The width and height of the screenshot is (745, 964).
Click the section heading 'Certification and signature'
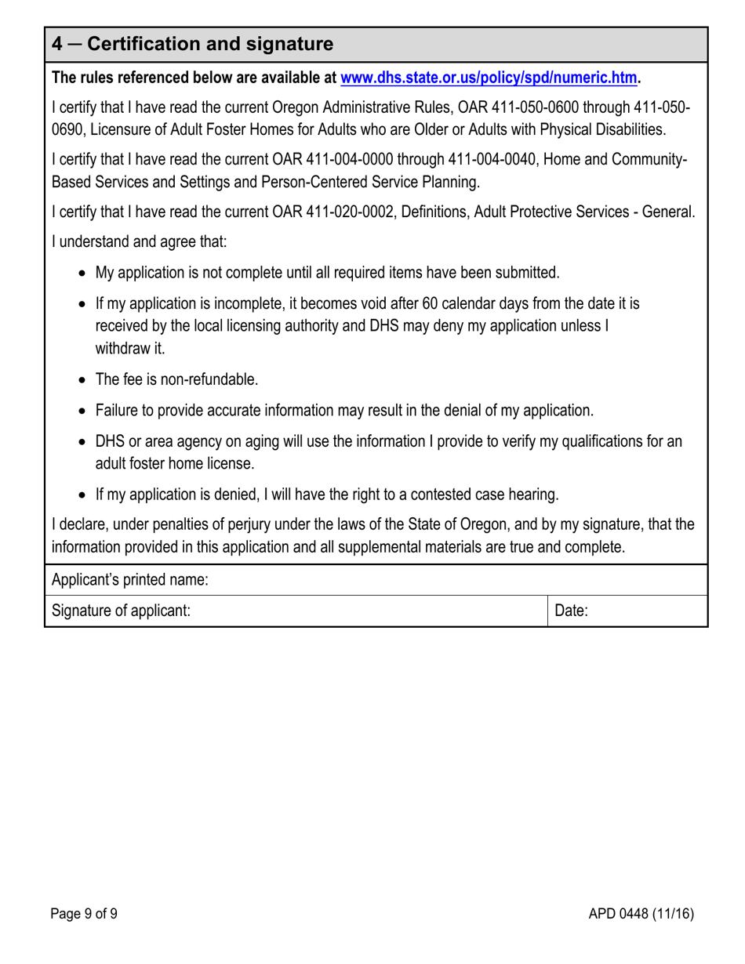[209, 45]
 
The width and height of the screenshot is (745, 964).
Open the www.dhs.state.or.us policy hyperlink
[488, 78]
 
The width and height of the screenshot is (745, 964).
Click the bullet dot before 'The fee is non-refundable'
[84, 380]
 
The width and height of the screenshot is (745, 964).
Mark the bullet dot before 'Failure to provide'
[84, 411]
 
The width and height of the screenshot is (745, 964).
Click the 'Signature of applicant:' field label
[121, 611]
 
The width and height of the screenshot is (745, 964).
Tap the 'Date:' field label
[571, 611]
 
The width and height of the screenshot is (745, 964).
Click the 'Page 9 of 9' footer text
[85, 913]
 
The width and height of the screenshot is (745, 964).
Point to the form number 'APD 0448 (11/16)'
[641, 913]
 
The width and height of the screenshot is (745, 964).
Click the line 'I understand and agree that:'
[139, 242]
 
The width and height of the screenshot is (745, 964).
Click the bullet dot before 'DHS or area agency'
[84, 442]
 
